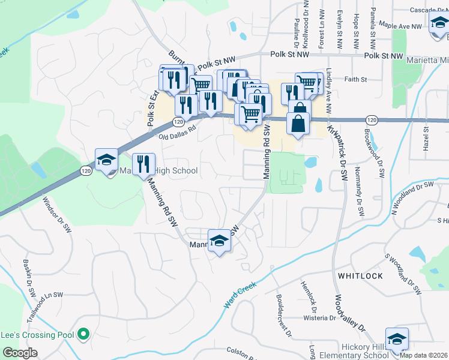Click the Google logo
click(20, 352)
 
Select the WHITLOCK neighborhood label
click(360, 275)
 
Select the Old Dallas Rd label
click(178, 133)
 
